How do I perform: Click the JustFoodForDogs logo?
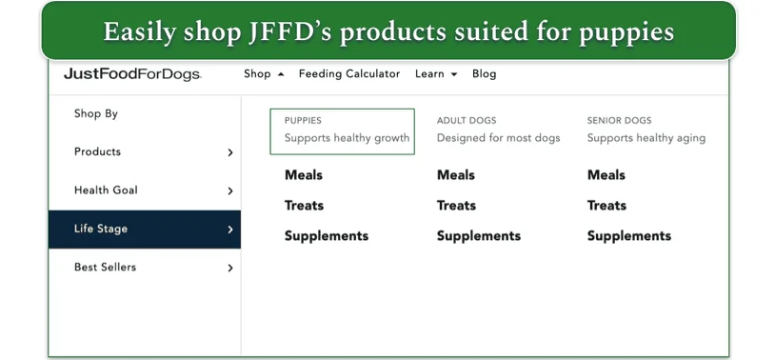tap(132, 74)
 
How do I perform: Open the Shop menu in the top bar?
tap(257, 74)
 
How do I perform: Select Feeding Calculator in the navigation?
tap(348, 74)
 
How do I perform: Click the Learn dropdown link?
tap(430, 74)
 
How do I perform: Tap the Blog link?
tap(484, 74)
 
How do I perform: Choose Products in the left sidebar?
tap(97, 151)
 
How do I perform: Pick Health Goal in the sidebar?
tap(106, 190)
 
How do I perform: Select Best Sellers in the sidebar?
tap(105, 268)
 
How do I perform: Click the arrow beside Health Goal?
tap(229, 191)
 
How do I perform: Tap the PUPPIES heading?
tap(303, 121)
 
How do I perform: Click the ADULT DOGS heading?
tap(467, 121)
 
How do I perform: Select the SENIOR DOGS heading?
tap(619, 121)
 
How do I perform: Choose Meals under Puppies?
tap(304, 175)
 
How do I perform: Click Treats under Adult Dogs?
tap(456, 206)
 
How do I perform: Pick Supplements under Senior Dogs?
tap(628, 236)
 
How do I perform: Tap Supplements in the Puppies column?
tap(326, 236)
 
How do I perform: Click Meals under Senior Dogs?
tap(606, 175)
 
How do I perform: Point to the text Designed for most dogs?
tap(498, 138)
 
